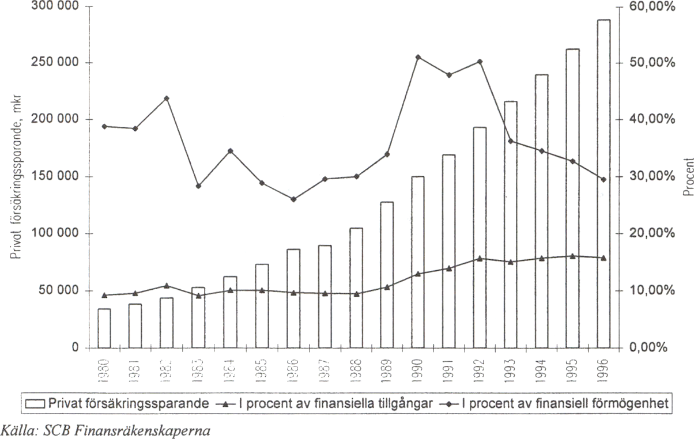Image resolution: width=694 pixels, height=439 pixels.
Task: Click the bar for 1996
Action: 604,184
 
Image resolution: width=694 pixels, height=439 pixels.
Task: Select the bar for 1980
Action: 104,328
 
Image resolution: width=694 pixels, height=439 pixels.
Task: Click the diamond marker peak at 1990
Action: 418,57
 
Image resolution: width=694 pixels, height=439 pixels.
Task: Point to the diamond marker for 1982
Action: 167,99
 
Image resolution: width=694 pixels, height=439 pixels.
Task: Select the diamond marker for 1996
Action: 604,180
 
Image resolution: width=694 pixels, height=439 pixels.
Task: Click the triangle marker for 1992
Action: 480,258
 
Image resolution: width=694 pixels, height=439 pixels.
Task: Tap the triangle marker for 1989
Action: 387,286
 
